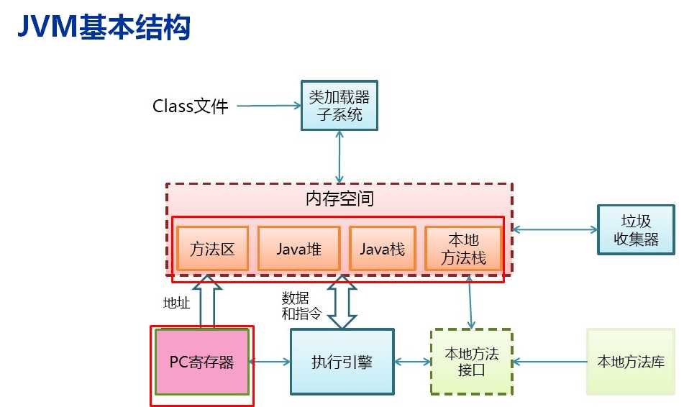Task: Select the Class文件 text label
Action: click(x=190, y=106)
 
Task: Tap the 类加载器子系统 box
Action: click(x=339, y=105)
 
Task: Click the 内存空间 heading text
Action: click(x=339, y=198)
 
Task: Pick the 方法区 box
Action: click(x=212, y=249)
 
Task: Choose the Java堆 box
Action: click(x=298, y=249)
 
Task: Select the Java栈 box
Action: click(x=382, y=249)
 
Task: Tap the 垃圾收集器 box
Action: click(x=636, y=230)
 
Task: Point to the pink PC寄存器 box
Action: click(x=201, y=362)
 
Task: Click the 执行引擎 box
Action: click(x=342, y=362)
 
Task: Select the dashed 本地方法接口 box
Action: click(x=471, y=362)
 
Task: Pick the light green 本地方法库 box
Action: click(x=630, y=362)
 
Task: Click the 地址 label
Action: click(x=177, y=303)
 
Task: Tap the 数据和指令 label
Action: click(x=299, y=305)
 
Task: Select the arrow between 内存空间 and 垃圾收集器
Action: click(x=555, y=230)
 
